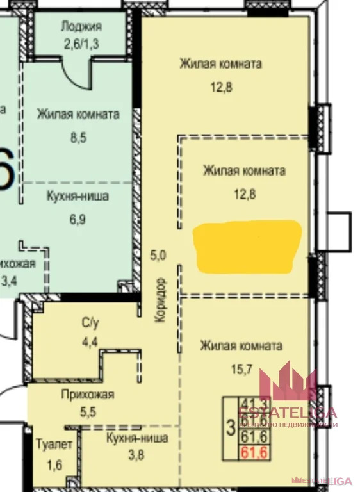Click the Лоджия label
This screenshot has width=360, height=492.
pos(81,26)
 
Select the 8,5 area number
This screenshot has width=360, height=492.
pos(78,136)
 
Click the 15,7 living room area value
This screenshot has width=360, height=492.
pos(241,370)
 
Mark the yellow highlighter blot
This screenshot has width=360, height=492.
pos(247,245)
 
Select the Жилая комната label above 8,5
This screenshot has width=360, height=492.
pos(78,115)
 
